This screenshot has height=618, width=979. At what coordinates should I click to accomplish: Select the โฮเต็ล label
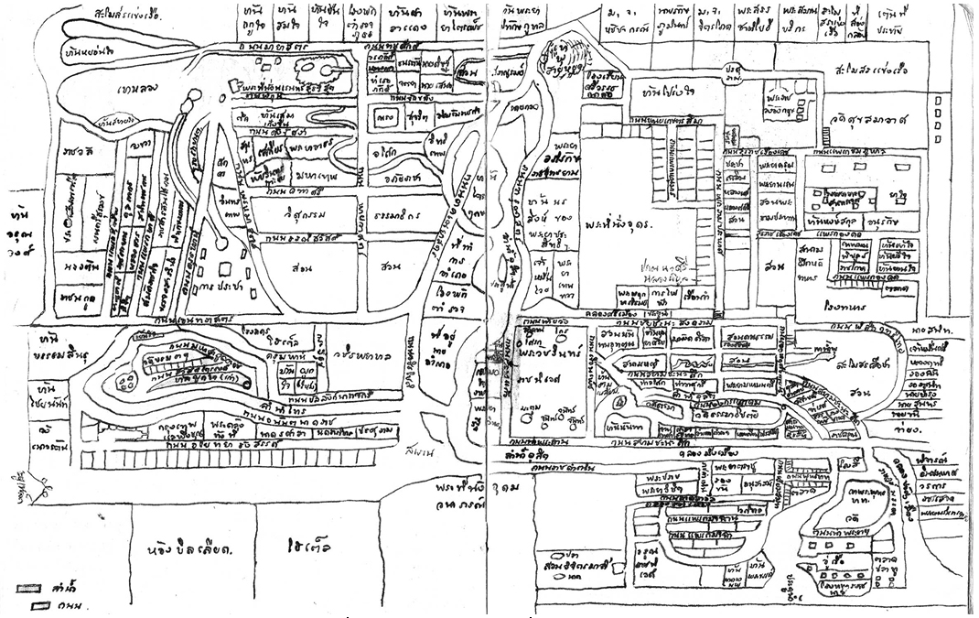click(x=305, y=550)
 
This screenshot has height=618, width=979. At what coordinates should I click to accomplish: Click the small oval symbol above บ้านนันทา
click(x=619, y=402)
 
